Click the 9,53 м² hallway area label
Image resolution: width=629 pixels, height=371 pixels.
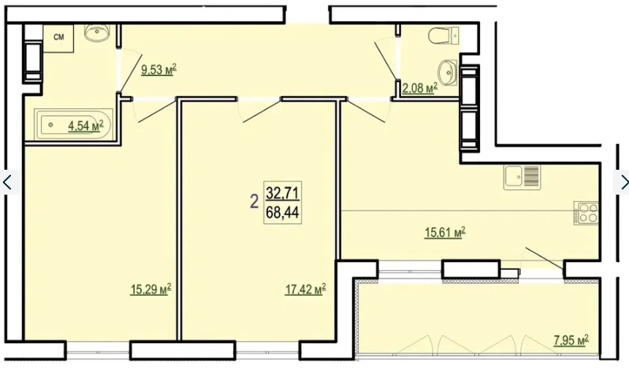click(159, 70)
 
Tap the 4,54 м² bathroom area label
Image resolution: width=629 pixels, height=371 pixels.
click(86, 126)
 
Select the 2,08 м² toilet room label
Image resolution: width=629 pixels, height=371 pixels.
click(419, 88)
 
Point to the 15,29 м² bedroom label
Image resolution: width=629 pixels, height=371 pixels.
click(150, 289)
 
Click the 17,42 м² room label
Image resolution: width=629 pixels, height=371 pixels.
click(305, 289)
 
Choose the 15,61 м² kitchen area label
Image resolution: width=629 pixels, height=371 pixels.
click(445, 232)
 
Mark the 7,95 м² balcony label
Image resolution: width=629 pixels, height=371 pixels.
click(571, 340)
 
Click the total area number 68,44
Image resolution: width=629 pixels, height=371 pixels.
click(283, 213)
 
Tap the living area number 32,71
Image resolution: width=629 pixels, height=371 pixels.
click(283, 194)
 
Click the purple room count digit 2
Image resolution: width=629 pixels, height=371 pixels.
click(254, 201)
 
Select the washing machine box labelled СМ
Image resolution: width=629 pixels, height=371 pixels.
click(58, 38)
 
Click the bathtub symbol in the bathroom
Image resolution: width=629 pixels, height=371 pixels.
click(73, 124)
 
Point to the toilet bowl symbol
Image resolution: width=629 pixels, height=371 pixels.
click(444, 35)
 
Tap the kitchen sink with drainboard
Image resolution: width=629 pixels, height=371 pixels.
click(522, 177)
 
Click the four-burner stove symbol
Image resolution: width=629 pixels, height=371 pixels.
click(586, 213)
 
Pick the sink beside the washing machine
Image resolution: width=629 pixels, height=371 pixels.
click(97, 31)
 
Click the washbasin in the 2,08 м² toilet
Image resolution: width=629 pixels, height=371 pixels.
click(448, 72)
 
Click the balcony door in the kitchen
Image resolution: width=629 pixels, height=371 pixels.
click(544, 258)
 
